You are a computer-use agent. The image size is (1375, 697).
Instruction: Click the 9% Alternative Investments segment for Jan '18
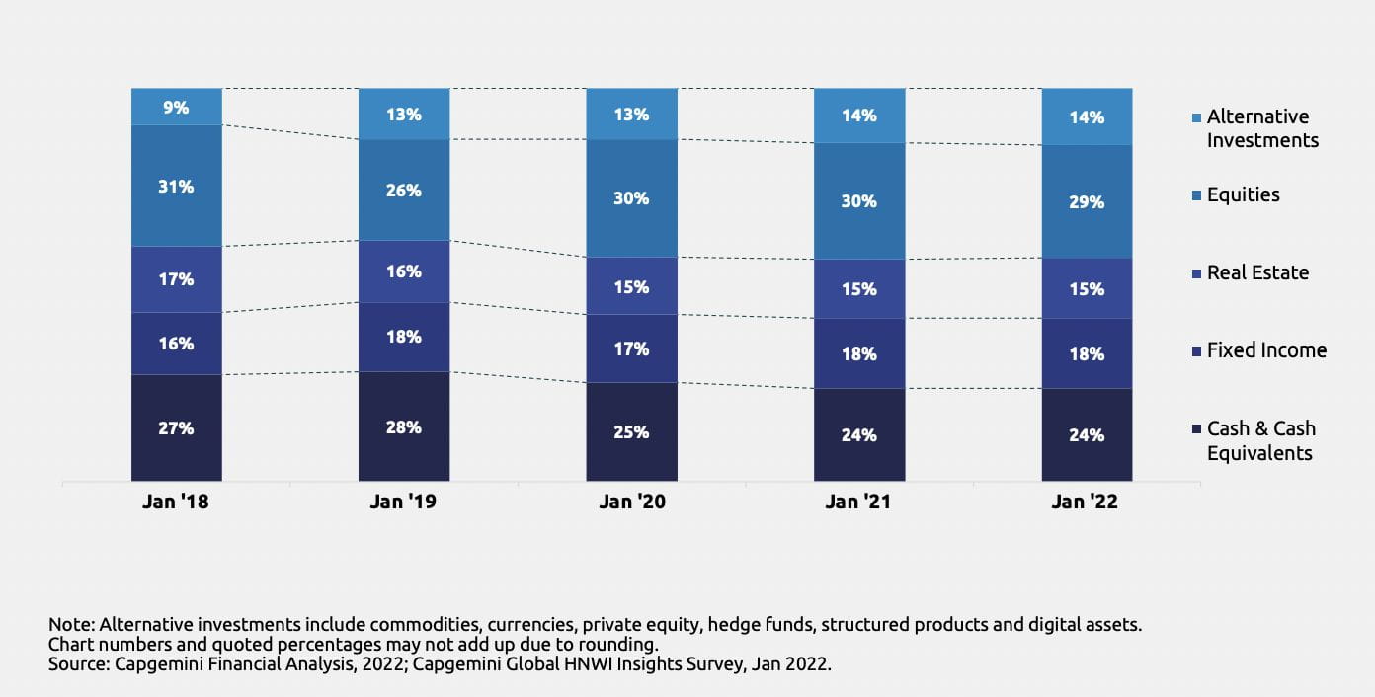(177, 107)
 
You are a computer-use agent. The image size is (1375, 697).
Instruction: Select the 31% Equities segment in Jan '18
(177, 186)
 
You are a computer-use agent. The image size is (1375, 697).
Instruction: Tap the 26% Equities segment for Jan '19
(404, 190)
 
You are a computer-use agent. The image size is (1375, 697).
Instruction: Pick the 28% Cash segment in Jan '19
(404, 427)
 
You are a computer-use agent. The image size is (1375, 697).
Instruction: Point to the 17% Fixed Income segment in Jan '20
(631, 348)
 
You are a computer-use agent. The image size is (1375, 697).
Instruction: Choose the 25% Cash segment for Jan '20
(631, 432)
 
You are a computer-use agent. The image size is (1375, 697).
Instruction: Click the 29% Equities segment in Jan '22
(1087, 201)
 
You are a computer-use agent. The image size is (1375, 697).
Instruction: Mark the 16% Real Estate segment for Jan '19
(404, 271)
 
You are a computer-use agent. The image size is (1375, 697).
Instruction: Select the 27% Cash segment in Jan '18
(177, 428)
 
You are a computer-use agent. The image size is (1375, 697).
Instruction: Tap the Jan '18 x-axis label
(177, 502)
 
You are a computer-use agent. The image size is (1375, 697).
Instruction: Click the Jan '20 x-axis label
(632, 502)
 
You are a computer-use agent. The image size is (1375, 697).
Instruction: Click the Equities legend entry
(1243, 194)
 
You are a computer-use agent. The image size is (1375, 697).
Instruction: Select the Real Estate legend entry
(1257, 272)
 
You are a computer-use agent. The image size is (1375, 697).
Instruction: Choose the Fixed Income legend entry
(1266, 350)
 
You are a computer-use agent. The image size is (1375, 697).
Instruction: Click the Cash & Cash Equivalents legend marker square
(1197, 429)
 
